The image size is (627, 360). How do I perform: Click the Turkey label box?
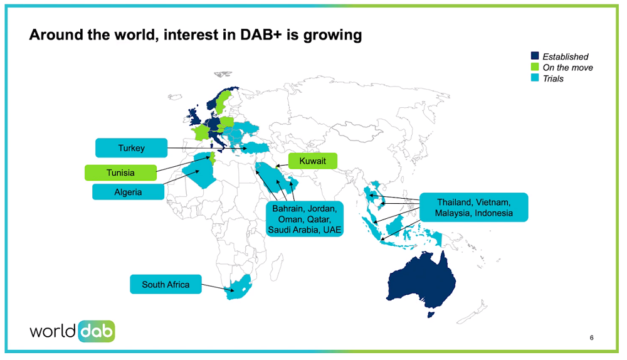tap(131, 148)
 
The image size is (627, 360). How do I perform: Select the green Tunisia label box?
tap(120, 172)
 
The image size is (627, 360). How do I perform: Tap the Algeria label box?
tap(128, 192)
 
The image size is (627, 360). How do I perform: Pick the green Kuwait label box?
tap(312, 161)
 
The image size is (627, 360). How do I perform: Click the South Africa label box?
tap(166, 284)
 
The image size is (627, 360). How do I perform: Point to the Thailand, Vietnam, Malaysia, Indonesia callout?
tap(474, 208)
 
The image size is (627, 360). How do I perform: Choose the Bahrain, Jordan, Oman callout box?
tap(303, 219)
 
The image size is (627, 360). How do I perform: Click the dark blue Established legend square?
tap(535, 56)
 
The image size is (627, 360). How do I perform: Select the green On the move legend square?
tap(535, 67)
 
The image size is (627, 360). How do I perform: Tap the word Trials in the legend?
tap(553, 78)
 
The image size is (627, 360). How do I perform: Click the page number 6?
tap(592, 338)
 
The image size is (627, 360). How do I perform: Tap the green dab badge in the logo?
tap(97, 332)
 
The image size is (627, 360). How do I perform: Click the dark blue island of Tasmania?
tap(429, 313)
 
